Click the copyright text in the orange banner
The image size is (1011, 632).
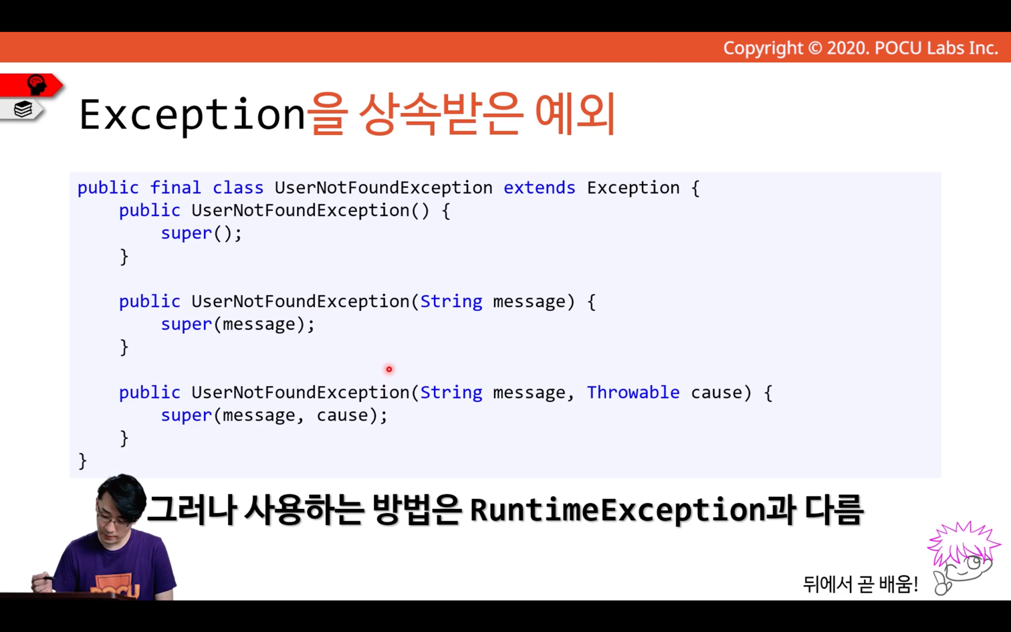coord(861,48)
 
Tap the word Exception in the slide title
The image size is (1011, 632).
coord(193,115)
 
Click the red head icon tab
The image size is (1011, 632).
coord(31,85)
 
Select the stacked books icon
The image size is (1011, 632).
coord(23,110)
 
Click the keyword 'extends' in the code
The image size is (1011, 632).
coord(540,188)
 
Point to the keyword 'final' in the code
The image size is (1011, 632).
coord(175,188)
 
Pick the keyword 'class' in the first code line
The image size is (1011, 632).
coord(238,188)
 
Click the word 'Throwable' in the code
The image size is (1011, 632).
coord(633,393)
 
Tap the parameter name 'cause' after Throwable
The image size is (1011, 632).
coord(716,393)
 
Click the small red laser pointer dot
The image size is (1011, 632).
coord(389,370)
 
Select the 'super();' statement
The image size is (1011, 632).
coord(201,234)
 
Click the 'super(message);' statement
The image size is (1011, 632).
coord(237,325)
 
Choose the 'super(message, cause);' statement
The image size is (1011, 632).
coord(274,416)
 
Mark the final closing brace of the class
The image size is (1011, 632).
coord(83,461)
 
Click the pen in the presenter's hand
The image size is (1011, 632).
coord(47,577)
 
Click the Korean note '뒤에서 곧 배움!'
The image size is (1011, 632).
coord(861,584)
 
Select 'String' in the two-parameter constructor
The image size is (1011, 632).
coord(451,393)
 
